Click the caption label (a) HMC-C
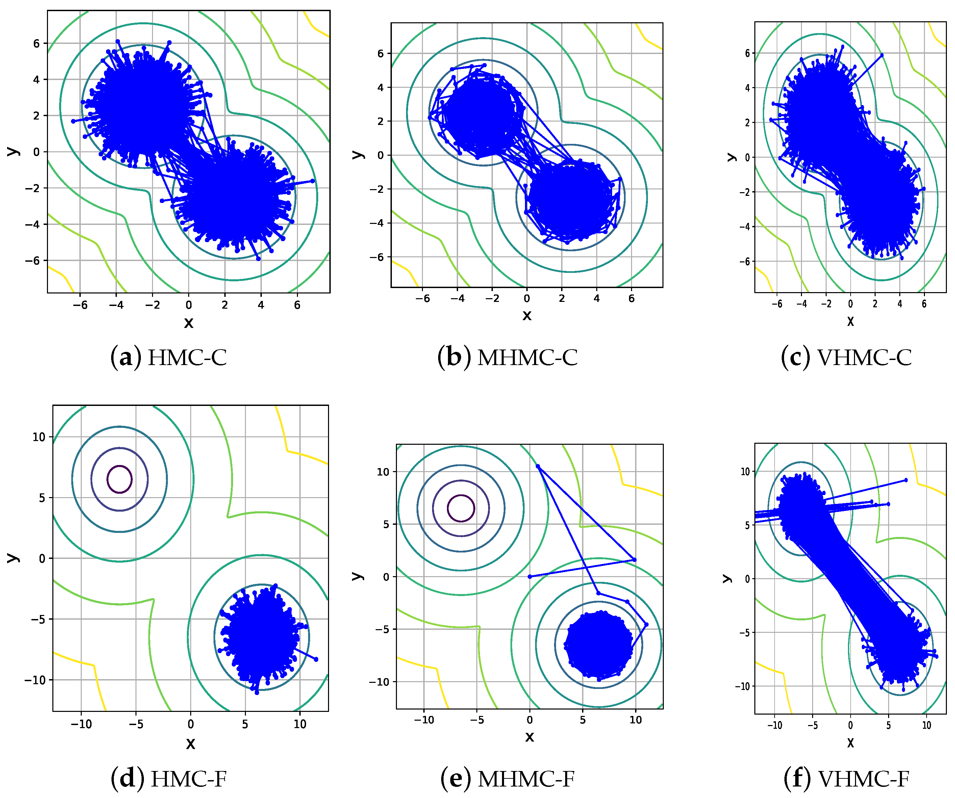coord(168,357)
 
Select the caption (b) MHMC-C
coord(507,357)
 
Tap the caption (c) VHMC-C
coord(846,357)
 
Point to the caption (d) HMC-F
coord(168,779)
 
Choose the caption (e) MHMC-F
coord(507,779)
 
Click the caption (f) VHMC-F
coord(846,779)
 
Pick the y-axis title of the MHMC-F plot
coord(357,576)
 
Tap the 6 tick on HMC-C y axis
coord(37,44)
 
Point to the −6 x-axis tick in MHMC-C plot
coord(423,299)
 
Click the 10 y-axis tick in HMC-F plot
coord(39,437)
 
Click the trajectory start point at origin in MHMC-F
coord(530,576)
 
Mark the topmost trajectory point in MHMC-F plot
coord(538,466)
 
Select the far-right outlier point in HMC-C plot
coord(312,181)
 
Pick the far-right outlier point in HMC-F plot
coord(316,659)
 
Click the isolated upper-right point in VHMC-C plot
coord(882,55)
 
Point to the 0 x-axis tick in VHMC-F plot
coord(850,726)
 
